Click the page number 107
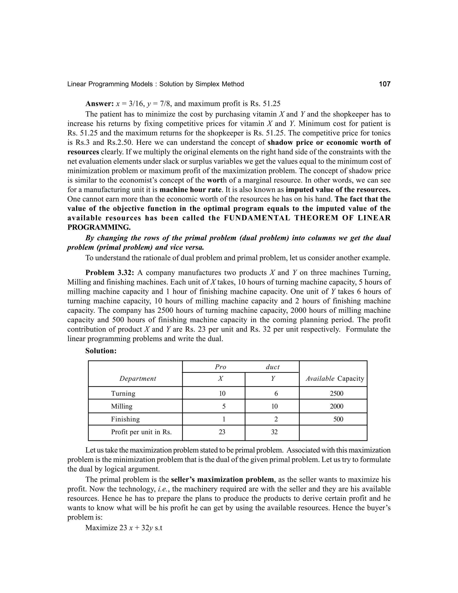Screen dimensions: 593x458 [x=384, y=84]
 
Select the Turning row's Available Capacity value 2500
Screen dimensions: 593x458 [x=336, y=393]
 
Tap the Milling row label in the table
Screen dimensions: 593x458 [x=122, y=406]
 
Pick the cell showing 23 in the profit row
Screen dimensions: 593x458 [x=222, y=432]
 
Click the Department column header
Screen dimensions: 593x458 [x=138, y=378]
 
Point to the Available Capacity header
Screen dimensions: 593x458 [x=335, y=378]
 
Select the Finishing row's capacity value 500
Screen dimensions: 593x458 [x=338, y=419]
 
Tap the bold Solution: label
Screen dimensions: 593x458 [x=101, y=351]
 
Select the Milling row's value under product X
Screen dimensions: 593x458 [x=224, y=406]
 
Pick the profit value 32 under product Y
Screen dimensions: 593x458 [x=274, y=432]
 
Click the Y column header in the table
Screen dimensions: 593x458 [x=273, y=378]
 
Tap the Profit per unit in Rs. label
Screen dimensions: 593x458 [x=141, y=432]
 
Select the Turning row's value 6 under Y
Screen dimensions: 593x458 [x=276, y=393]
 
